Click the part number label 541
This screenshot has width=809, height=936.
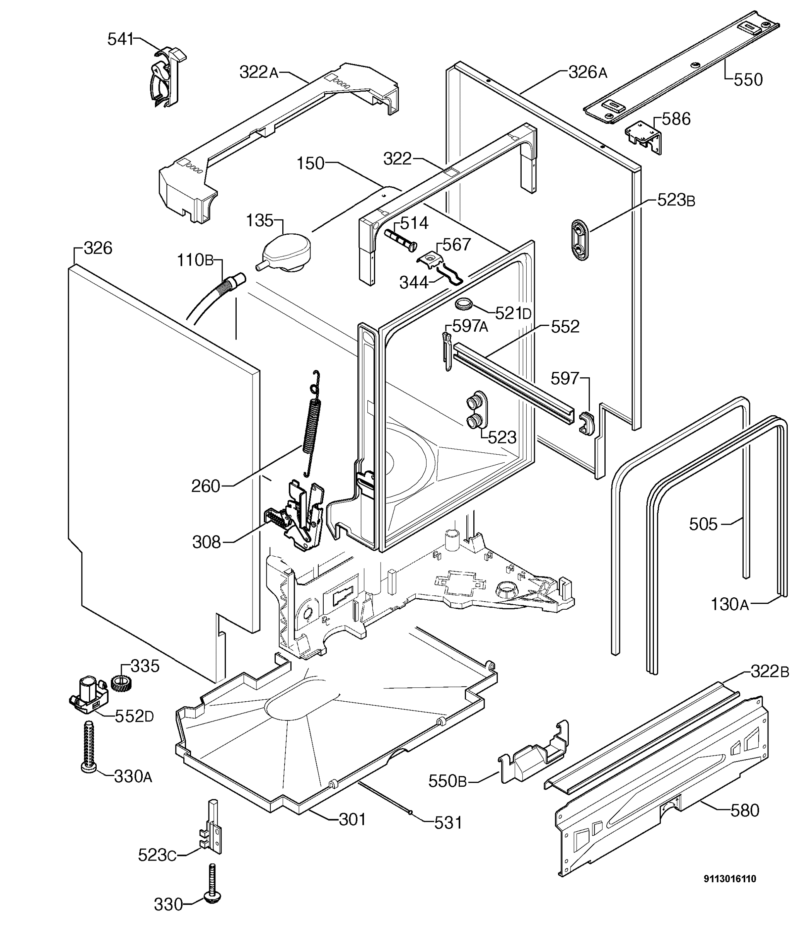[x=120, y=39]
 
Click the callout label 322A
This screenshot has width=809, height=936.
[x=259, y=72]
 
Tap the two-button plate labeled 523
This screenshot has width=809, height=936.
[x=477, y=410]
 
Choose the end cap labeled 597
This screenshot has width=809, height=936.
[x=587, y=423]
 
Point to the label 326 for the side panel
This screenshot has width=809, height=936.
[x=98, y=248]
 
